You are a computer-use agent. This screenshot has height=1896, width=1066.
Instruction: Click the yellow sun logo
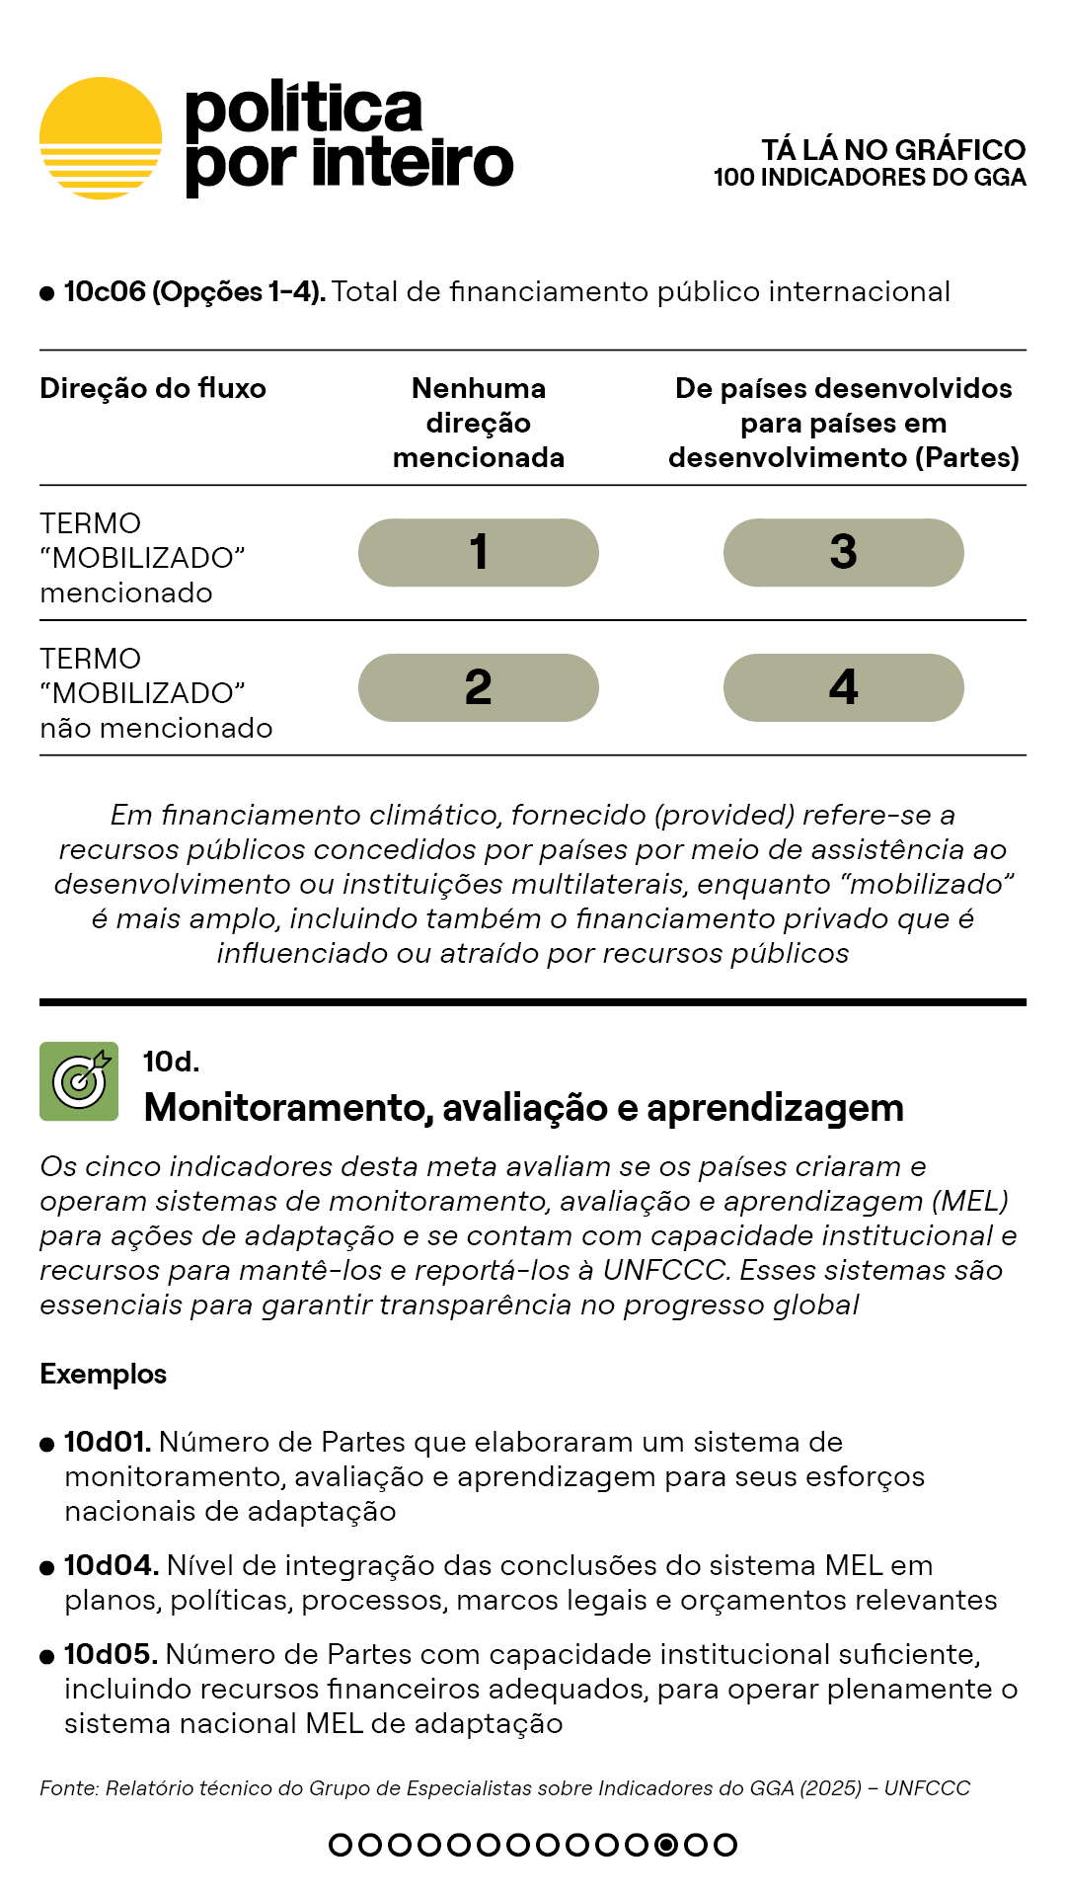click(101, 138)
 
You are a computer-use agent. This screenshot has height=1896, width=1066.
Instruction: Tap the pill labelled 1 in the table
click(479, 553)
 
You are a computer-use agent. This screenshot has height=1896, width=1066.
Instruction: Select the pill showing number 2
click(479, 688)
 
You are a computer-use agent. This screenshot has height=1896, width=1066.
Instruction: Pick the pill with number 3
click(844, 553)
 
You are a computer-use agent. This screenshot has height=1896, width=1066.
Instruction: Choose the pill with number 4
click(844, 688)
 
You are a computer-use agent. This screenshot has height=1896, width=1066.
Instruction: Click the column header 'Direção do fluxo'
click(153, 389)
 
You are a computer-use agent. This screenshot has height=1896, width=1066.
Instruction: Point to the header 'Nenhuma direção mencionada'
click(479, 423)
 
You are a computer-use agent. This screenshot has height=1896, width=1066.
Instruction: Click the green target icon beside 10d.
click(79, 1081)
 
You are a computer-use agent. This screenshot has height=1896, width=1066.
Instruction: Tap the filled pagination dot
click(666, 1845)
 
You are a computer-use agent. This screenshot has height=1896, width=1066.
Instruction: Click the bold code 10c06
click(105, 292)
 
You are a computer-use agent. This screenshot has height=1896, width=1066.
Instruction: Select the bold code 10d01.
click(107, 1443)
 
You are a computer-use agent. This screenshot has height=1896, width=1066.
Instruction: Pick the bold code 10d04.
click(111, 1566)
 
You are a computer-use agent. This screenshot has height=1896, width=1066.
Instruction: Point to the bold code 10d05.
click(111, 1655)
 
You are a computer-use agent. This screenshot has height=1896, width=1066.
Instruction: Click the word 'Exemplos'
click(103, 1375)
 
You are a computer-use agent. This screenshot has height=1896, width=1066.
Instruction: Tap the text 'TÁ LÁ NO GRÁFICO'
click(893, 150)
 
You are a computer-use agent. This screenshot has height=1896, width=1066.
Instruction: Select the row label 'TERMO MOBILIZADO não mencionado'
click(156, 693)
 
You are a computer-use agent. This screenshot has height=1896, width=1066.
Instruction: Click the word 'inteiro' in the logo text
click(413, 164)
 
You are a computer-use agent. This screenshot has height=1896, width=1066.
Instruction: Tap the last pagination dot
click(725, 1845)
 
